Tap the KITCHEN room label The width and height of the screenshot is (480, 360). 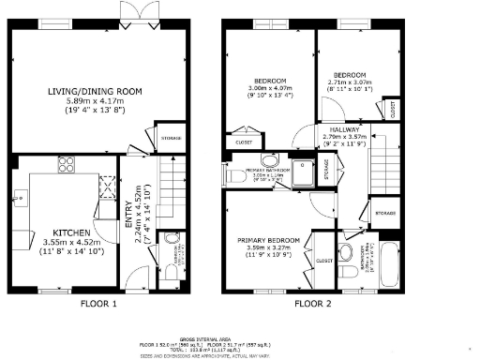pyautogui.click(x=71, y=232)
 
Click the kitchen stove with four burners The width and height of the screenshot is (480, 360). pyautogui.click(x=67, y=165)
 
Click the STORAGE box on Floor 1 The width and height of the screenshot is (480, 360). pyautogui.click(x=171, y=141)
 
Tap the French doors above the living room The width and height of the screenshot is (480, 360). pyautogui.click(x=130, y=12)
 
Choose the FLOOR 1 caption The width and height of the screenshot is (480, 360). pyautogui.click(x=97, y=304)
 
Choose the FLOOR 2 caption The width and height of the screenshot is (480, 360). pyautogui.click(x=313, y=304)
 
